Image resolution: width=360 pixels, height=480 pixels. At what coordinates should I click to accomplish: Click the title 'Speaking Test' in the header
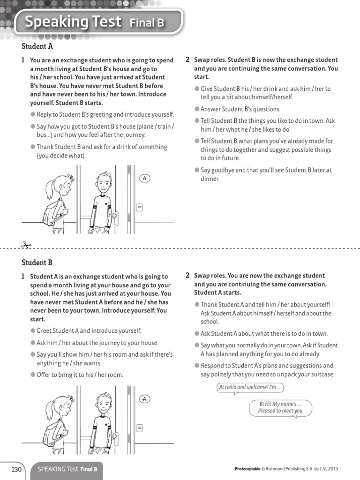[x=72, y=22]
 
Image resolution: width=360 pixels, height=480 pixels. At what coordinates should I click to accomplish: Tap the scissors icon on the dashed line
[x=25, y=245]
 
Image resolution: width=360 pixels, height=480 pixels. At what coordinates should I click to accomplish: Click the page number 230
[x=16, y=469]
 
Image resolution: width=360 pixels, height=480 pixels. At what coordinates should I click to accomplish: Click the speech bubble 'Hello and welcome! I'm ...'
[x=250, y=388]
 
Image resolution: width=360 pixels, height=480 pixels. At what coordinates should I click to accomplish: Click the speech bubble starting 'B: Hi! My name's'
[x=280, y=407]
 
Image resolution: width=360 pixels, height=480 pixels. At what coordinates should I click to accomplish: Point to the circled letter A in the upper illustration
[x=144, y=179]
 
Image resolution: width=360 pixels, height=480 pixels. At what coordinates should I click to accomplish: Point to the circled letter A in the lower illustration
[x=144, y=399]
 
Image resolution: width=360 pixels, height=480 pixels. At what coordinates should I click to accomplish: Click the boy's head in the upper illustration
[x=104, y=180]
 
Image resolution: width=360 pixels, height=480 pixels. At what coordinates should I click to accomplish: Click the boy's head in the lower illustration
[x=104, y=401]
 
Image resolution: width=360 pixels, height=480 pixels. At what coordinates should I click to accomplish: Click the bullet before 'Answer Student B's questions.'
[x=197, y=109]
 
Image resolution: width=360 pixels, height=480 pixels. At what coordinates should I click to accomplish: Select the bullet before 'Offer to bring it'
[x=33, y=375]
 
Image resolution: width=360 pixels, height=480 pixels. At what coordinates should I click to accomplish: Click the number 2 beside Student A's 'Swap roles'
[x=187, y=60]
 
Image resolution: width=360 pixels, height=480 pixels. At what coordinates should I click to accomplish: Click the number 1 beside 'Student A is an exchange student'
[x=23, y=277]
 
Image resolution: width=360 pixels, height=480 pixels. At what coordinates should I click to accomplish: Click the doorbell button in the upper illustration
[x=139, y=207]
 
